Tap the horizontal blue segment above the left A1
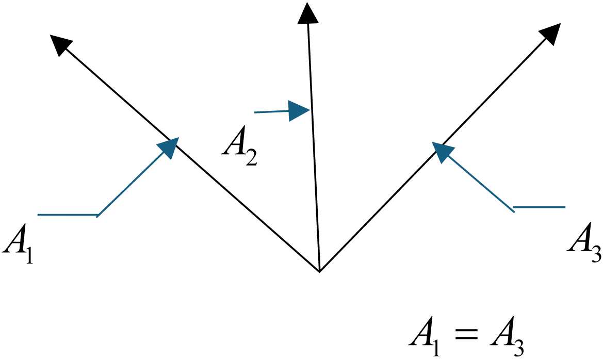[68, 215]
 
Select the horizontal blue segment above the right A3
[539, 208]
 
